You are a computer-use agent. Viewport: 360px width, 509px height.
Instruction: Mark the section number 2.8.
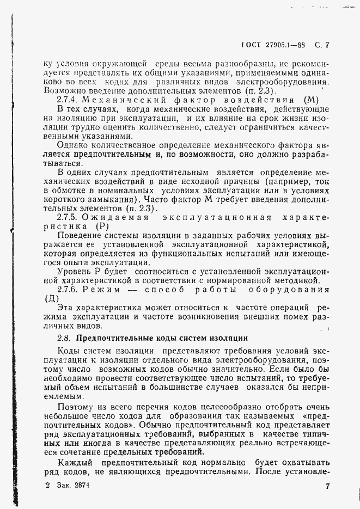(64, 338)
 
